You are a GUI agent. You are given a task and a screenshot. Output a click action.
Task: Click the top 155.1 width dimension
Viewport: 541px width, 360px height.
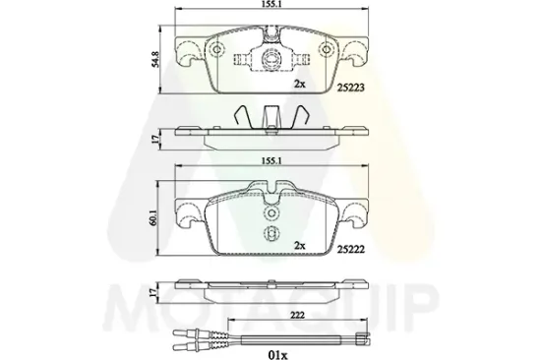coord(271,4)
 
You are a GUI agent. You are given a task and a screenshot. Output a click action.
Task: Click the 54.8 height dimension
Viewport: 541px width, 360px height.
coord(156,59)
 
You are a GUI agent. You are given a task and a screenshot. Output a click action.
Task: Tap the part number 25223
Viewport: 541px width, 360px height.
coord(350,88)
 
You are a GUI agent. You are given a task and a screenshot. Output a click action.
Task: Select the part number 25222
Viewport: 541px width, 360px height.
coord(350,249)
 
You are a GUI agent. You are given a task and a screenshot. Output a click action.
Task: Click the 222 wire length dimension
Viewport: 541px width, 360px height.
coord(297,315)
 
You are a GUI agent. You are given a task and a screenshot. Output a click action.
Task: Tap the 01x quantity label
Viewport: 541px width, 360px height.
coord(276,355)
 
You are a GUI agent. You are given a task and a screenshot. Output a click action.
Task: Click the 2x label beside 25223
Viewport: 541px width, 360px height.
coord(300,84)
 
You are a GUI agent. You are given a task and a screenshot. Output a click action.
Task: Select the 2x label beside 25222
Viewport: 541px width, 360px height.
coord(300,246)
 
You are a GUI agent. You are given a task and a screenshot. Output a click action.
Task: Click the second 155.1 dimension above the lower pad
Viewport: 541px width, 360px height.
coord(271,161)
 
